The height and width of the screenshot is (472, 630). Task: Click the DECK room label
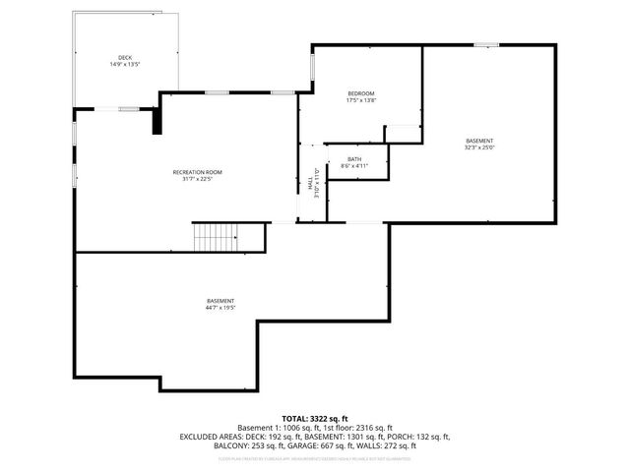point(125,58)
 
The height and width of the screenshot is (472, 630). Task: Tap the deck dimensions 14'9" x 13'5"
point(125,65)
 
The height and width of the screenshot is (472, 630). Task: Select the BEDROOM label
point(360,93)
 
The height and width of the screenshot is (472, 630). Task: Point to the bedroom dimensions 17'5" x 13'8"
point(360,100)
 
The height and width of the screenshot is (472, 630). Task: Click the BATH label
point(354,159)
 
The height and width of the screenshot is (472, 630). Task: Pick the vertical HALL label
point(309,184)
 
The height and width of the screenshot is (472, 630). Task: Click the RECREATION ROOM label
point(197,172)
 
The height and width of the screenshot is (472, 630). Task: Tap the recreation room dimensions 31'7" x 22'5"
point(197,179)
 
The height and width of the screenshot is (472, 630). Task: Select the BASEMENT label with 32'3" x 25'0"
point(480,141)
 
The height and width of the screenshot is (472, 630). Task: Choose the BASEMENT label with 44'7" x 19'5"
point(220,301)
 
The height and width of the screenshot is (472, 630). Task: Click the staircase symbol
point(215,237)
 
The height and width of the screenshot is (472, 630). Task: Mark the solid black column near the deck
point(155,120)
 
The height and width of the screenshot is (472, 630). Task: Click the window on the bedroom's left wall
point(313,66)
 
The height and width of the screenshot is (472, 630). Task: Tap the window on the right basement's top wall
point(485,44)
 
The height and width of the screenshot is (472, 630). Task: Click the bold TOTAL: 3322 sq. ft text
point(314,419)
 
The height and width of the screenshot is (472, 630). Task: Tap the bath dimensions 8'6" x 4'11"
point(354,166)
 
